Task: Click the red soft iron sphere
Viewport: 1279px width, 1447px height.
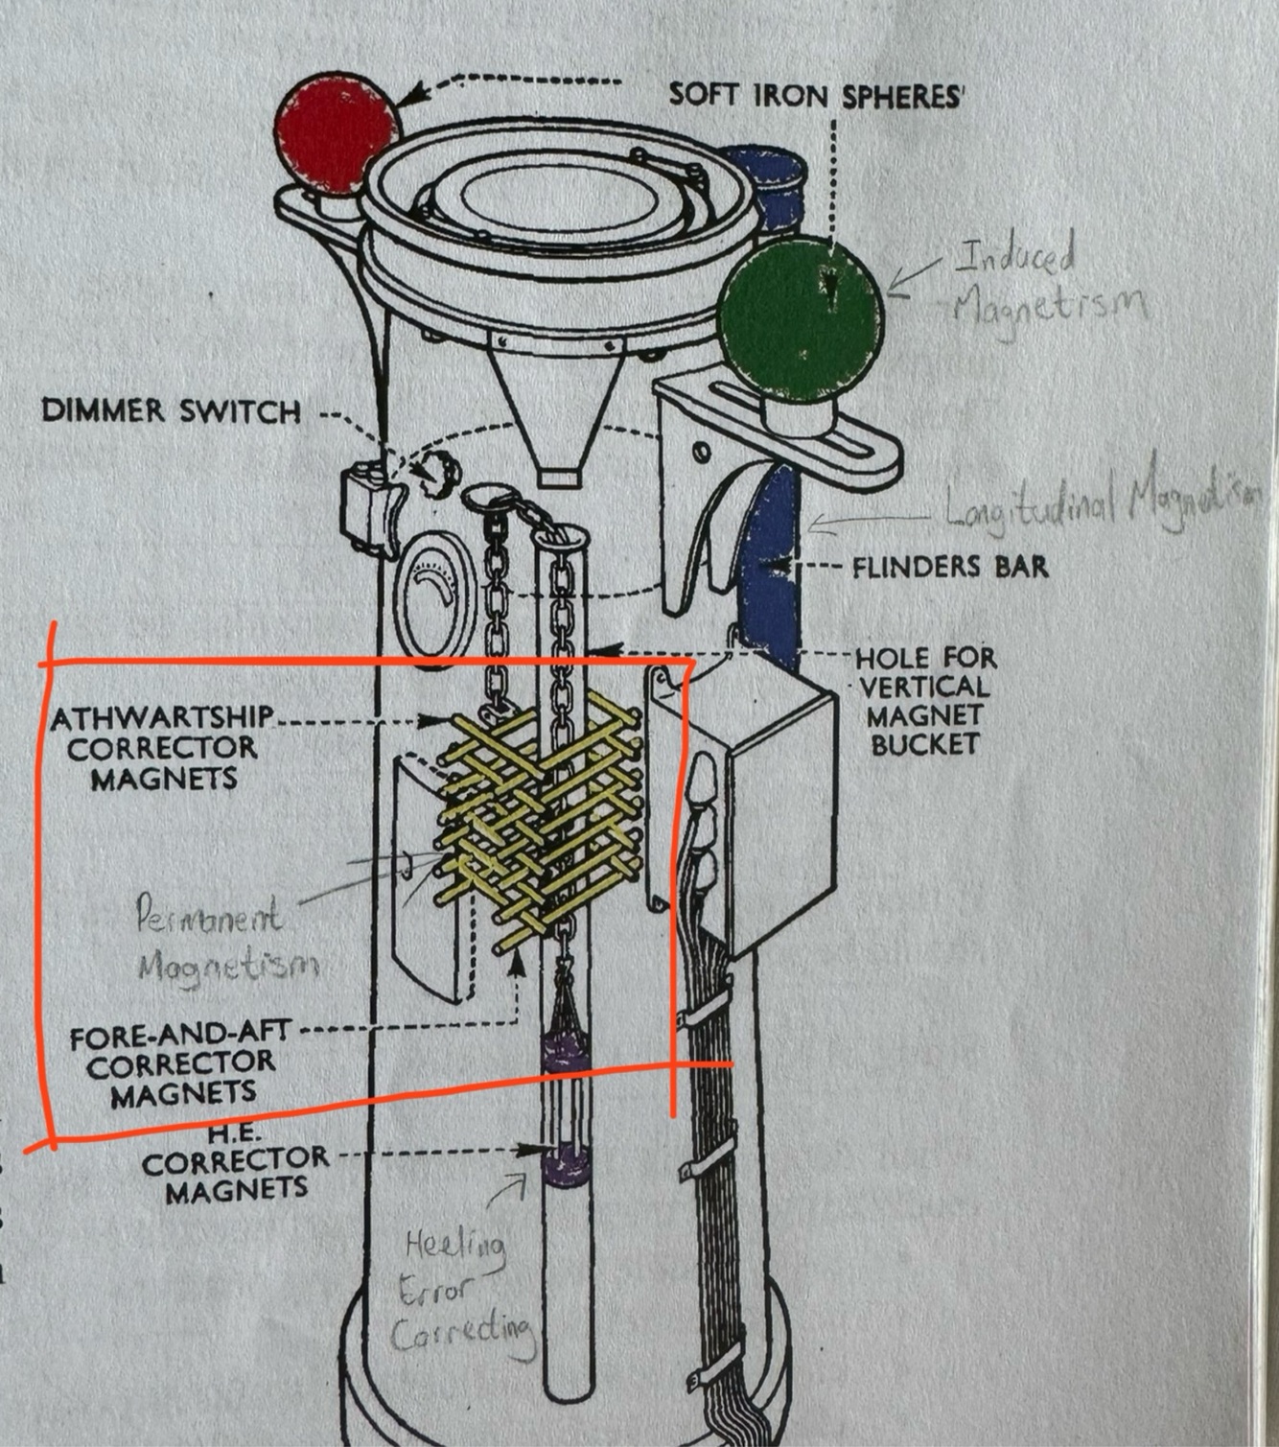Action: [335, 132]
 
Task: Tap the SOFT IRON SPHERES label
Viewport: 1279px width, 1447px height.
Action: [815, 95]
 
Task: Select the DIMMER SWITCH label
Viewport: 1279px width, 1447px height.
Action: [172, 412]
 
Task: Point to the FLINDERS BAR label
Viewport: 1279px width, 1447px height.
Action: [950, 567]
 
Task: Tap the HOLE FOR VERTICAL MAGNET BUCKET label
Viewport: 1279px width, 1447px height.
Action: [924, 701]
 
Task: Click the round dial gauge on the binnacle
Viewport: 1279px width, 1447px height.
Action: [436, 595]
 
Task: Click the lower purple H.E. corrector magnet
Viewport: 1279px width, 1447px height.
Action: [564, 1166]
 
